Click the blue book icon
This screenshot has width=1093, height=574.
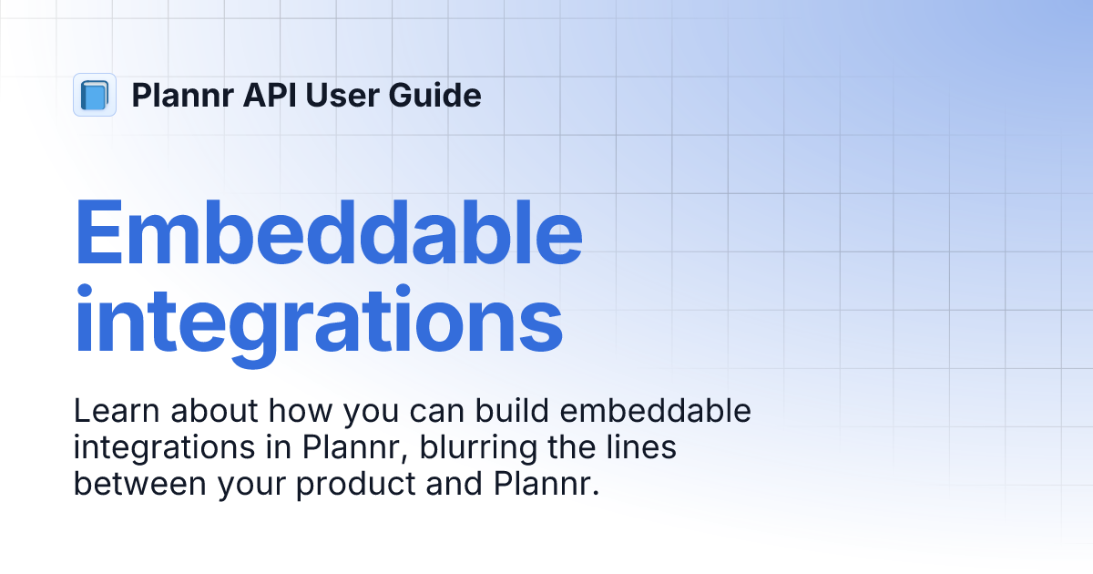pyautogui.click(x=94, y=95)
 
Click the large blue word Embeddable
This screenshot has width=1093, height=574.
pyautogui.click(x=328, y=235)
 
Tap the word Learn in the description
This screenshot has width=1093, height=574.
pyautogui.click(x=112, y=412)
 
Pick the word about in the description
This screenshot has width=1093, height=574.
pyautogui.click(x=210, y=412)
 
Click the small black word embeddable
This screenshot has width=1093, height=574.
pyautogui.click(x=656, y=412)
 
